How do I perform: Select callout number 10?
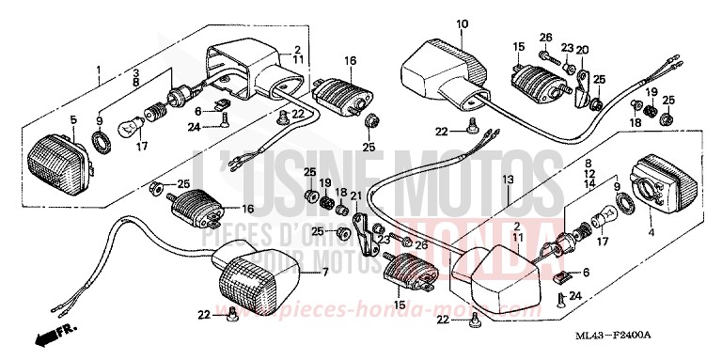tap(462, 23)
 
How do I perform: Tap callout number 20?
tap(583, 50)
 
